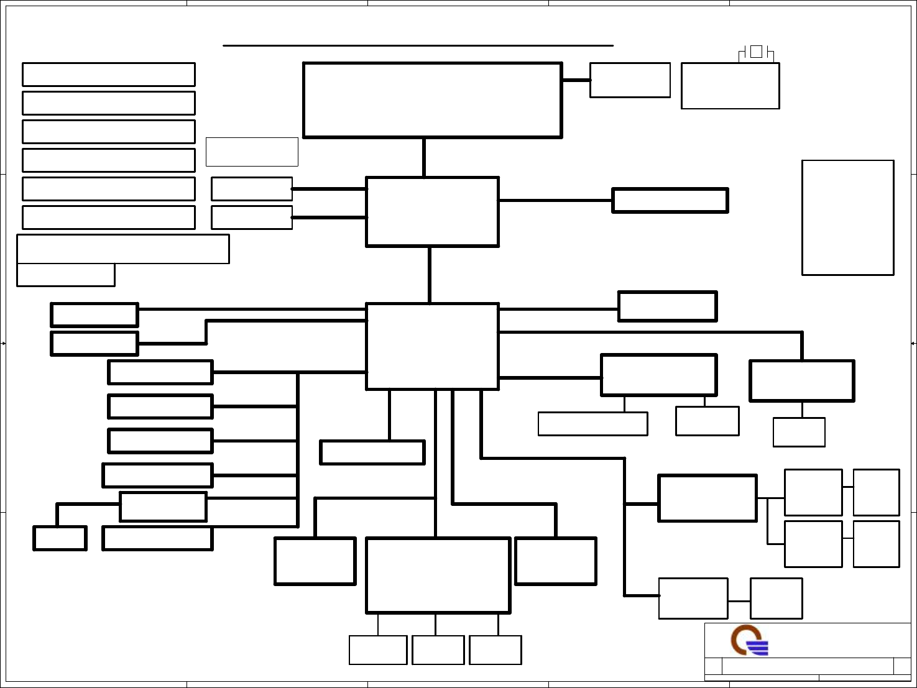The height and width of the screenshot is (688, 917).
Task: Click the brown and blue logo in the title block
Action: pyautogui.click(x=749, y=641)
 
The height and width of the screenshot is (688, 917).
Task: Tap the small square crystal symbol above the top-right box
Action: pyautogui.click(x=756, y=52)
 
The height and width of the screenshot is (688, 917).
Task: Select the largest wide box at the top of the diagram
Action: pyautogui.click(x=432, y=100)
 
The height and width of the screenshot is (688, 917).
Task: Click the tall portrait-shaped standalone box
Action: pyautogui.click(x=847, y=218)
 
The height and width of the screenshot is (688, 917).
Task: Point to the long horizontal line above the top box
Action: pyautogui.click(x=418, y=45)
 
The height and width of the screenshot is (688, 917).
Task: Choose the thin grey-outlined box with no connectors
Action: pyautogui.click(x=252, y=152)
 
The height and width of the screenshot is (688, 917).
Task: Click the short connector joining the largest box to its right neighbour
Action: pyautogui.click(x=576, y=80)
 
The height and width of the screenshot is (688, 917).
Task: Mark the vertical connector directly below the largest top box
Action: pyautogui.click(x=424, y=157)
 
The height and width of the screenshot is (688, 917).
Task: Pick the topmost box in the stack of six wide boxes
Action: pyautogui.click(x=109, y=75)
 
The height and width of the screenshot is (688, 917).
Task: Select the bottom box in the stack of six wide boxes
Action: pyautogui.click(x=109, y=218)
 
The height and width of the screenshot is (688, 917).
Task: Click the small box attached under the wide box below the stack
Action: pyautogui.click(x=66, y=275)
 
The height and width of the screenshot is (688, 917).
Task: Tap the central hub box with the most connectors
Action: pyautogui.click(x=432, y=346)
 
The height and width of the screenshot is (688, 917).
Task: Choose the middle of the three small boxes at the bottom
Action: pyautogui.click(x=438, y=650)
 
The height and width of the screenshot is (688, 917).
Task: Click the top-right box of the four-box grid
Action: pyautogui.click(x=876, y=492)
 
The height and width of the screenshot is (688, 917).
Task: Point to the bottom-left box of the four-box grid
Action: pyautogui.click(x=813, y=544)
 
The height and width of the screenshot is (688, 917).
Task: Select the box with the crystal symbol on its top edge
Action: pyautogui.click(x=730, y=86)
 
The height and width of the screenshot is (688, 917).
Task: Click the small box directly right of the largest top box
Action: pyautogui.click(x=630, y=80)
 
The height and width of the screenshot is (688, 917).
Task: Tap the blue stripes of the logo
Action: pyautogui.click(x=759, y=648)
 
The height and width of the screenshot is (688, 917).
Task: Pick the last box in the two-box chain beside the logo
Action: pyautogui.click(x=776, y=599)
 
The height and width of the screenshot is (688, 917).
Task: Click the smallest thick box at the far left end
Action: pyautogui.click(x=60, y=538)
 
